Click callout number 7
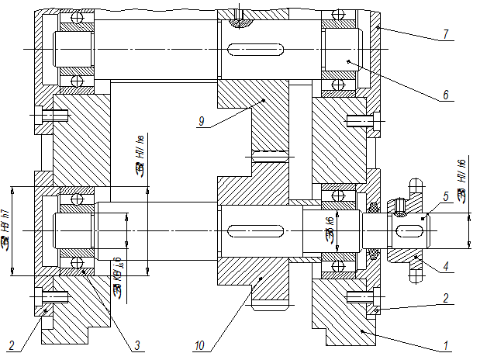coord(446,35)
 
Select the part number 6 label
coord(446,95)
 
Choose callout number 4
coord(446,267)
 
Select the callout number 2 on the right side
coord(446,297)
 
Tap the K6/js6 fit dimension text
coord(118,275)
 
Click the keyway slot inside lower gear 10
coord(255,230)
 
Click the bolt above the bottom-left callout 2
coord(49,296)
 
